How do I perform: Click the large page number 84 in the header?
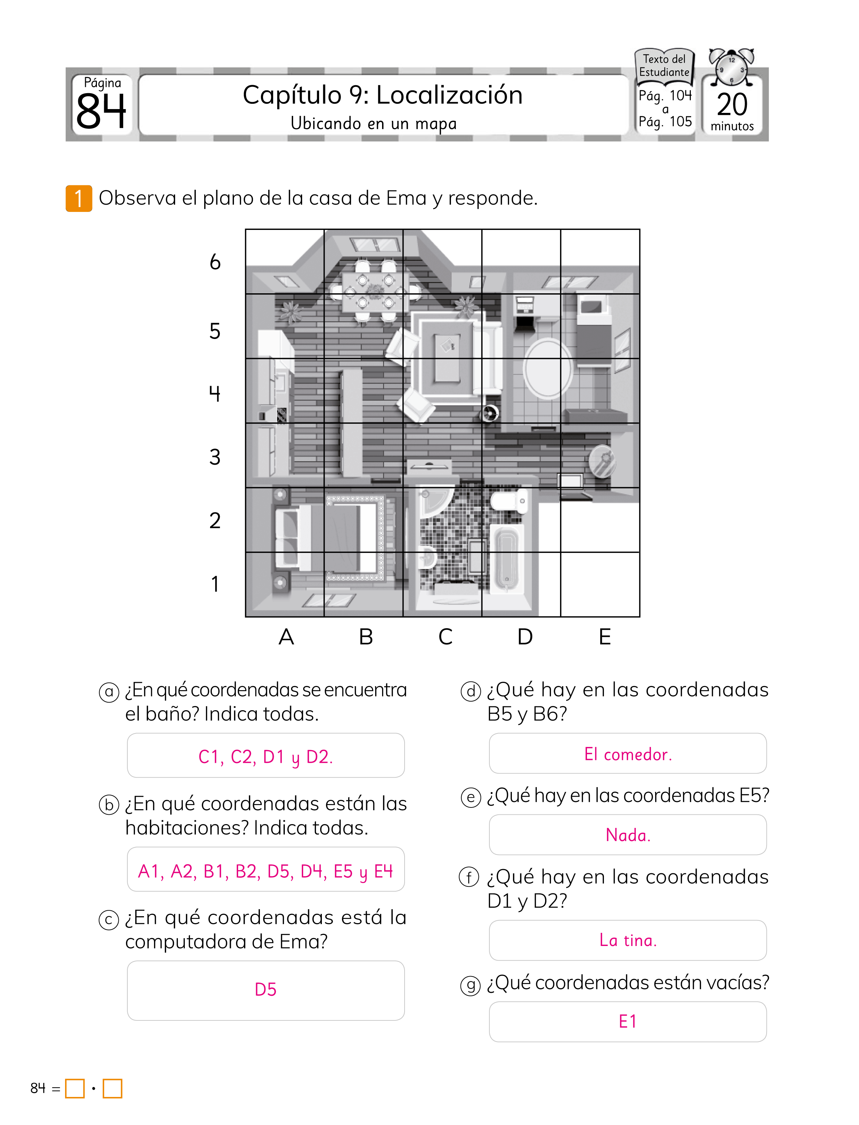click(101, 111)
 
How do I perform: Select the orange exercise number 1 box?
click(79, 198)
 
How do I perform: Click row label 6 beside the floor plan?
click(215, 262)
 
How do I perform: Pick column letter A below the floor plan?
click(286, 637)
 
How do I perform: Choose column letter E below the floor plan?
click(605, 637)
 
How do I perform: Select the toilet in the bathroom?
click(509, 499)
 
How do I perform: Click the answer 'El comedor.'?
click(628, 754)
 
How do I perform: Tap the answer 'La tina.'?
click(628, 940)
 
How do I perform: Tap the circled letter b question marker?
click(109, 805)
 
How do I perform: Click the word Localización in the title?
click(450, 95)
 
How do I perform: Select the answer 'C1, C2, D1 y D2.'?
click(265, 756)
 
